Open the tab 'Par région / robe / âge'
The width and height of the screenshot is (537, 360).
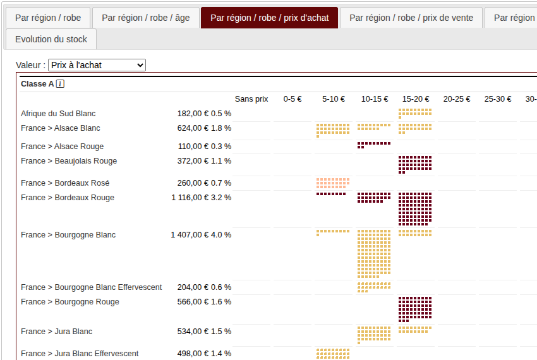(145, 18)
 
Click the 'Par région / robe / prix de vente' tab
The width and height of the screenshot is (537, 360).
(411, 18)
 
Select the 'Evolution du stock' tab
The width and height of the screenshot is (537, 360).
(51, 39)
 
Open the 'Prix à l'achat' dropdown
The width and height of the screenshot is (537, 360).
(97, 65)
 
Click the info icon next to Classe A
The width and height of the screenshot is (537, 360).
(60, 84)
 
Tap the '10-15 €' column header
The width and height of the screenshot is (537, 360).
(375, 99)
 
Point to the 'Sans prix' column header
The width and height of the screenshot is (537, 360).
(251, 99)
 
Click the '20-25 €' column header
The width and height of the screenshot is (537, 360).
(457, 99)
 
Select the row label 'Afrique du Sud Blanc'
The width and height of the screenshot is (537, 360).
(58, 114)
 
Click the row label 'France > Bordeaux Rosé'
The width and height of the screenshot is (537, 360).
(65, 183)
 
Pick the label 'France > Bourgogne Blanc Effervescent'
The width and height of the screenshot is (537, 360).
(91, 287)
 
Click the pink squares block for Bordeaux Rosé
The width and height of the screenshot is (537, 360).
(332, 183)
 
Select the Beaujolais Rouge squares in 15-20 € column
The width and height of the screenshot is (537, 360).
(415, 164)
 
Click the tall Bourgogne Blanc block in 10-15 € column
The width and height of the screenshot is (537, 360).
(374, 254)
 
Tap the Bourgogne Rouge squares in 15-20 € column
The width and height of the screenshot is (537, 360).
(415, 309)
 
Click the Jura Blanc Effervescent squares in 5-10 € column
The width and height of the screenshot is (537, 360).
(332, 354)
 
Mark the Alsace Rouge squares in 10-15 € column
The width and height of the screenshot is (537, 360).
(373, 145)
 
